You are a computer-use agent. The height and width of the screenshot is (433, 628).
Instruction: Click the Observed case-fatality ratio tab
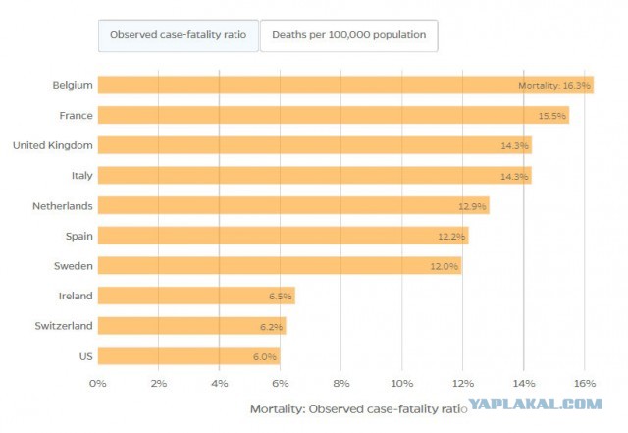pos(179,35)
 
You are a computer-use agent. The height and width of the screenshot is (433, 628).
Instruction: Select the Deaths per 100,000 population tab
pos(349,35)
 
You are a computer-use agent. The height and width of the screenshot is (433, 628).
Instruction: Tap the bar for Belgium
pos(345,85)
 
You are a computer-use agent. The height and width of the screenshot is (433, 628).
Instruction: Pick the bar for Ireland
pos(196,296)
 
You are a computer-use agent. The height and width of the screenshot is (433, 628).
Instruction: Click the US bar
pos(189,356)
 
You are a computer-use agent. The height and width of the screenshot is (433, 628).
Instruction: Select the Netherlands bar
pos(293,205)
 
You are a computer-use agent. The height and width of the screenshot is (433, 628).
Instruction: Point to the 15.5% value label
pos(551,116)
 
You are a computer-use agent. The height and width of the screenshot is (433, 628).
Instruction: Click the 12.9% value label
pos(472,206)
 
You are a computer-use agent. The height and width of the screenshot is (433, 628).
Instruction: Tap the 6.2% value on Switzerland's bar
pos(271,327)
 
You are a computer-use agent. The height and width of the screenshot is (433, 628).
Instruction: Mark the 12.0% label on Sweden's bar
pos(445,266)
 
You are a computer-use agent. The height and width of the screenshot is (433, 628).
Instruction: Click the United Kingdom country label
pos(52,145)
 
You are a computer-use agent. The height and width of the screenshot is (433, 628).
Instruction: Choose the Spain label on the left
pos(78,237)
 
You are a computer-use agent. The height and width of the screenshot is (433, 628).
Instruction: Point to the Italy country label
pos(81,176)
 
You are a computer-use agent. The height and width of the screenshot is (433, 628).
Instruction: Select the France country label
pos(76,116)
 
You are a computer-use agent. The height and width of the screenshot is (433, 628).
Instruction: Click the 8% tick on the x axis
pos(341,384)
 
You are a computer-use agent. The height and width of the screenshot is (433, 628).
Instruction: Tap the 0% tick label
pos(98,384)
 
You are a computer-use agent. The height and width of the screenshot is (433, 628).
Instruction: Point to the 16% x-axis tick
pos(585,384)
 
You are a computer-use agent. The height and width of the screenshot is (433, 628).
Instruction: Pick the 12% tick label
pos(463,384)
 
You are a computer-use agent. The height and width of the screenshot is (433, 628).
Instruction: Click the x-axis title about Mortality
pos(358,408)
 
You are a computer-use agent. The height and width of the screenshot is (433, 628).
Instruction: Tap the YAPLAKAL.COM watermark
pos(536,404)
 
